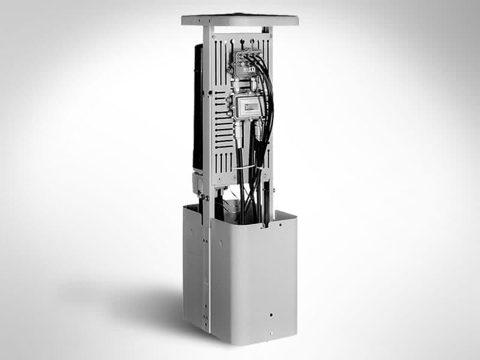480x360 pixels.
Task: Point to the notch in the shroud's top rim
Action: tap(265, 227)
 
